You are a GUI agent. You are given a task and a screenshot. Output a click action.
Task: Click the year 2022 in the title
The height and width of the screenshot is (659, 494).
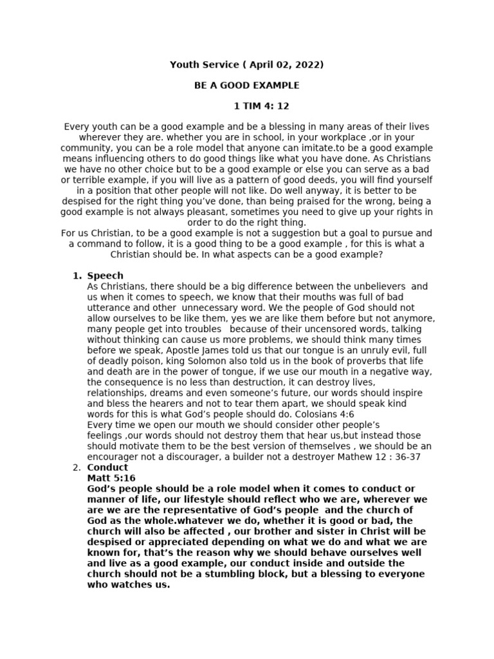click(309, 64)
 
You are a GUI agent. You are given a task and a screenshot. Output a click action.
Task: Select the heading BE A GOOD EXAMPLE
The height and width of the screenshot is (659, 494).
click(247, 85)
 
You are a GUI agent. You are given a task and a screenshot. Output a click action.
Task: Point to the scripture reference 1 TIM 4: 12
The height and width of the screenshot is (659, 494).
click(257, 106)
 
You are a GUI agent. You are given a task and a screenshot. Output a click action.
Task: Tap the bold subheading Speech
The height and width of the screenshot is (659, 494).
click(105, 275)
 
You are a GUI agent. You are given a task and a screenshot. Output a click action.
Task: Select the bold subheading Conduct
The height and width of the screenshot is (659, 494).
click(107, 467)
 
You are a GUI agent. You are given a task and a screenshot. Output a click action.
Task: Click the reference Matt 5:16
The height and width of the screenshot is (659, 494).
click(111, 478)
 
